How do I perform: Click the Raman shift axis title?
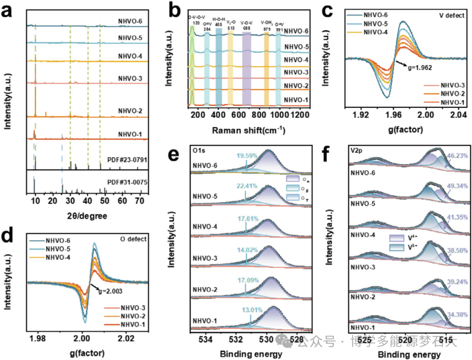[249, 131]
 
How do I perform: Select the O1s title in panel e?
[199, 151]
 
